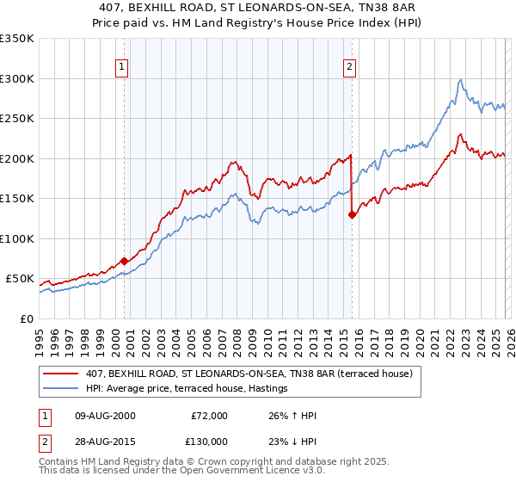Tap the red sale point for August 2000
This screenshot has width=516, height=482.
point(124,261)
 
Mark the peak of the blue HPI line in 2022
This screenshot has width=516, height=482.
point(461,80)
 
